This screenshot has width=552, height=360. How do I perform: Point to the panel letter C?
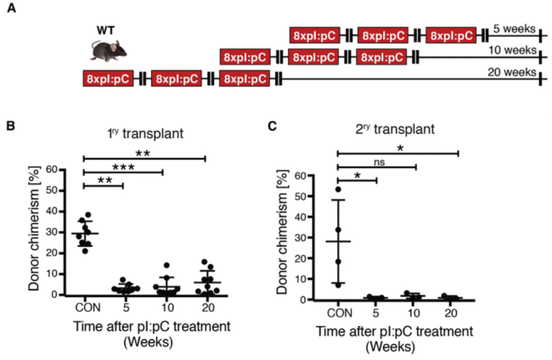(273, 127)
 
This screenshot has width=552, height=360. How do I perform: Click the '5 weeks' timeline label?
(515, 28)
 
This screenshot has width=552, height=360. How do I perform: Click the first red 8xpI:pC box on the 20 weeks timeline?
(106, 79)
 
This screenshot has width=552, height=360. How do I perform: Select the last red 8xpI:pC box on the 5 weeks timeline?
(451, 36)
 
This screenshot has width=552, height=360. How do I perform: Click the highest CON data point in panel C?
(338, 188)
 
